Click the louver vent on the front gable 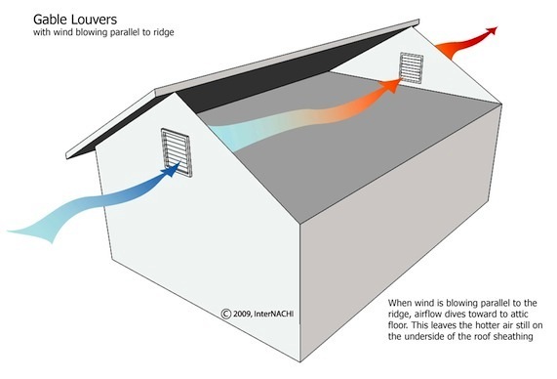coord(177,152)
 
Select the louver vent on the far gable coord(412,68)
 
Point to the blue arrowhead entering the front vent coord(172,169)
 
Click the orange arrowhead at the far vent coord(391,85)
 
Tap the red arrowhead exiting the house coord(492,31)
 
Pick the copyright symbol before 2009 coord(226,314)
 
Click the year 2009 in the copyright coord(243,314)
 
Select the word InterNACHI coord(274,314)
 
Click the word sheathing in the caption coord(512,336)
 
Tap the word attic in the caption coord(519,315)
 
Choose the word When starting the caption coord(399,303)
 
